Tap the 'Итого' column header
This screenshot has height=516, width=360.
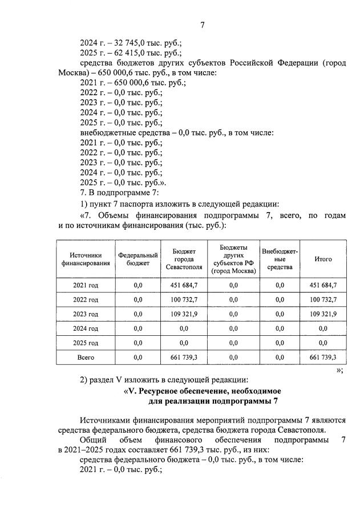pyautogui.click(x=323, y=259)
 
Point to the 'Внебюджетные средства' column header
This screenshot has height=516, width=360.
pyautogui.click(x=280, y=259)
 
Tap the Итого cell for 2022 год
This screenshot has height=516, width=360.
pyautogui.click(x=323, y=299)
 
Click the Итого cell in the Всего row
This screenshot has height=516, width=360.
pyautogui.click(x=323, y=357)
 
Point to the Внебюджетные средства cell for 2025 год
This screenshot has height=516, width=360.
pyautogui.click(x=280, y=343)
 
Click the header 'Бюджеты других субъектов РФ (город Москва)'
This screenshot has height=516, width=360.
pyautogui.click(x=232, y=259)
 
